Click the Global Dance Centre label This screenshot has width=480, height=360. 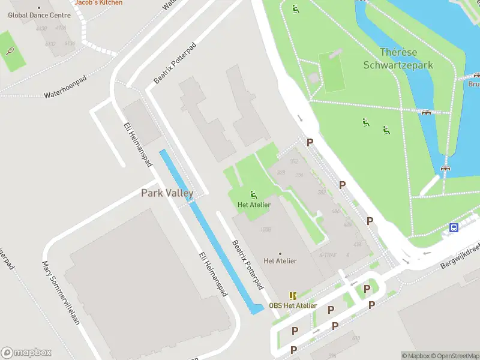[x=38, y=14]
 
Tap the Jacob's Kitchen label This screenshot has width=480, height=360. [x=98, y=2]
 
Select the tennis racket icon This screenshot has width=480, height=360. [x=10, y=51]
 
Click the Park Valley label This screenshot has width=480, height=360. [x=167, y=193]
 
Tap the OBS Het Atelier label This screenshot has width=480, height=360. [x=293, y=305]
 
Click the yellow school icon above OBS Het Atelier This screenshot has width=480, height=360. [x=293, y=296]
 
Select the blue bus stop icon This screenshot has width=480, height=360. [x=454, y=227]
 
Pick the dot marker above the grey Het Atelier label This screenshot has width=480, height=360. [x=280, y=253]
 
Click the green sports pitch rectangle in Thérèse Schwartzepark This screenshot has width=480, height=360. [x=333, y=72]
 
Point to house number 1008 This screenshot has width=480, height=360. [x=266, y=229]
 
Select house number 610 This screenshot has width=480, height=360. [x=356, y=339]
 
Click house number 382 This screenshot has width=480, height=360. [x=322, y=192]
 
